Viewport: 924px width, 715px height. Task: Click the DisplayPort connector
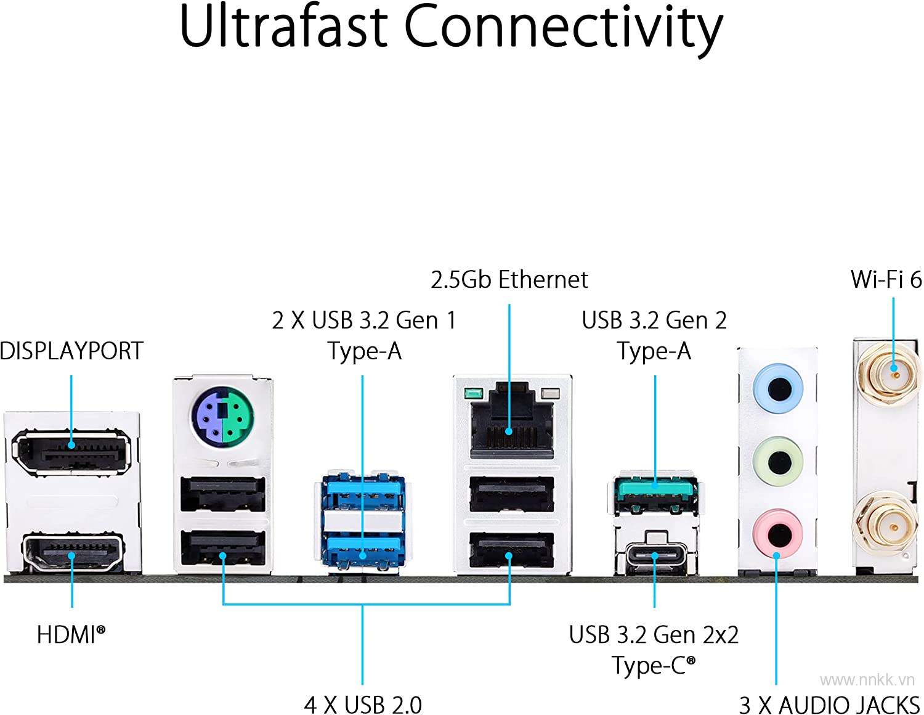pos(71,452)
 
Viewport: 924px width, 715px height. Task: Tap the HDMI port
pos(73,552)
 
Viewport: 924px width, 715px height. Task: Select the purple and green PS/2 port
pos(222,415)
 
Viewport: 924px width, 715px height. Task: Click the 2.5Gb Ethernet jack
pos(512,420)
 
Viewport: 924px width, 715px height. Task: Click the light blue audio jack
pos(778,388)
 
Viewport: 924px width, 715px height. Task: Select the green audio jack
pos(778,461)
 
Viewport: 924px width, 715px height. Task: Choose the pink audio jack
pos(778,534)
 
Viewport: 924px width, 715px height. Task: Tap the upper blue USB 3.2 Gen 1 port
pos(363,494)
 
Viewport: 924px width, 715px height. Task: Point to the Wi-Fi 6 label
pos(886,279)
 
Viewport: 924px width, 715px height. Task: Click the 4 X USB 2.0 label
pos(363,705)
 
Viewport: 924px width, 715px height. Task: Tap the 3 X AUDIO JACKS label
pos(829,705)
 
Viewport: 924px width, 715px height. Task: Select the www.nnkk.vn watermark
pos(867,680)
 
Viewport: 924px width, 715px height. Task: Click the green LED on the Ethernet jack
pos(474,393)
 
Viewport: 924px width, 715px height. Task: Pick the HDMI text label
pos(71,634)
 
